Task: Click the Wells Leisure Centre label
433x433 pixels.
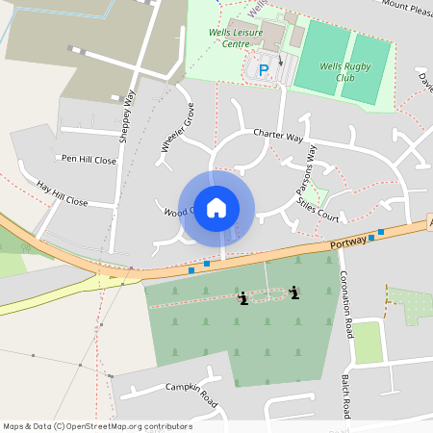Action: [236, 37]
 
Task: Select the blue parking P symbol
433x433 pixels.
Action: [264, 70]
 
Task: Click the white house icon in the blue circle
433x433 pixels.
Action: [216, 207]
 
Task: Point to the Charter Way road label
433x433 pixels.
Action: [278, 136]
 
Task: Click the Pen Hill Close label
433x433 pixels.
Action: [89, 160]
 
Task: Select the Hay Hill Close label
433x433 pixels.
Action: [62, 193]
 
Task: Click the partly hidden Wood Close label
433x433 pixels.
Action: [178, 211]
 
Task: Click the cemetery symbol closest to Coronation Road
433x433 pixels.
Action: [294, 293]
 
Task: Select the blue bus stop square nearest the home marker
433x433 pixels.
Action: [207, 264]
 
